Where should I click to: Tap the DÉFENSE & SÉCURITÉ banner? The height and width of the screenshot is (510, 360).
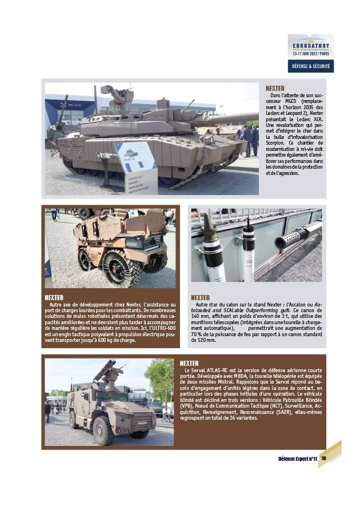coord(310,66)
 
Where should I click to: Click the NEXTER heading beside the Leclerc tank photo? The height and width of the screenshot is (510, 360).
coord(275,89)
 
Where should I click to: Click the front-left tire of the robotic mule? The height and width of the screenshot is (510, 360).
coord(87,260)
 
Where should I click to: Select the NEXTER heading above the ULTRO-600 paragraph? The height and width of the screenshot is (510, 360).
coord(54,297)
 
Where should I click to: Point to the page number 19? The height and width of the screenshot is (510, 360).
coord(323,458)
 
